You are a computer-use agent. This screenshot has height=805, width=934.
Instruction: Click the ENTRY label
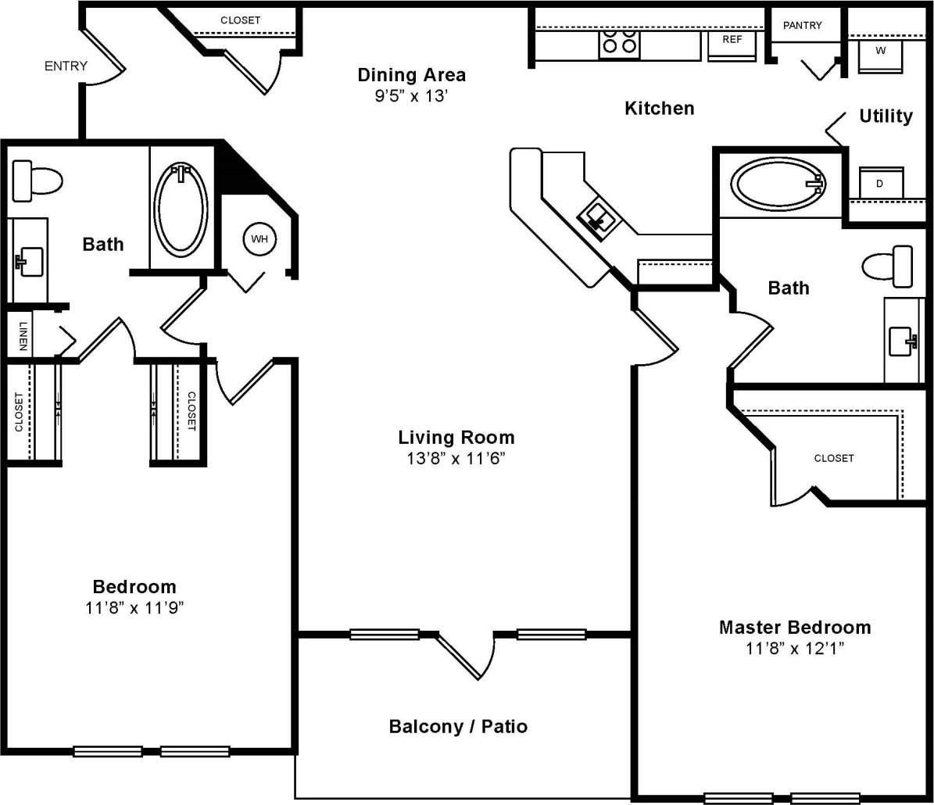point(66,66)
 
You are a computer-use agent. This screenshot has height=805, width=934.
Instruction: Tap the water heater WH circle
point(259,239)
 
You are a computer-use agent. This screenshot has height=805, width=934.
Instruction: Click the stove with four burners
point(620,44)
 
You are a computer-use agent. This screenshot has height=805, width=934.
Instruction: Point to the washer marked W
point(880,53)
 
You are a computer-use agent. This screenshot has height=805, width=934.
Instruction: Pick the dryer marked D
point(880,184)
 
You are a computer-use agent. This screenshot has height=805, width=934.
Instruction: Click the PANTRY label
point(803,26)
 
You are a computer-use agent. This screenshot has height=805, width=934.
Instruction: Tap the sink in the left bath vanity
point(28,260)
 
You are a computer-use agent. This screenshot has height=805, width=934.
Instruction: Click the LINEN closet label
point(23,336)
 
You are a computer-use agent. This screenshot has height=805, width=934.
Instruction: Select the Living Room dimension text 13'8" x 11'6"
point(456,459)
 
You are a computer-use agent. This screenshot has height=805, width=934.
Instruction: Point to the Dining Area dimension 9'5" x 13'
point(412,97)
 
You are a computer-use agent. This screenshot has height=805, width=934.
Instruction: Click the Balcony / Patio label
point(458,727)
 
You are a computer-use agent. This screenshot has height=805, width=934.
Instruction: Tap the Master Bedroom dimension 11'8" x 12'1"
point(794,648)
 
